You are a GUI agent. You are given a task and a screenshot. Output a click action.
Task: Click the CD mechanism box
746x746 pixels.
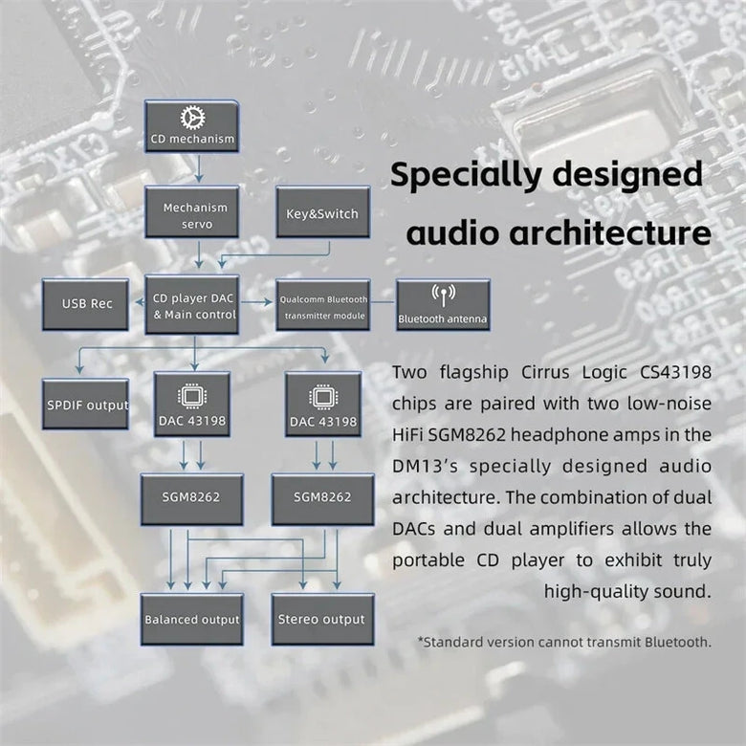pyautogui.click(x=191, y=128)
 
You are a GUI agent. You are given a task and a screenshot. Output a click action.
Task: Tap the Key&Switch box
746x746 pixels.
pyautogui.click(x=322, y=214)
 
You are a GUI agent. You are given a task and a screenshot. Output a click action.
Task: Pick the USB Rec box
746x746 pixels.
pyautogui.click(x=87, y=303)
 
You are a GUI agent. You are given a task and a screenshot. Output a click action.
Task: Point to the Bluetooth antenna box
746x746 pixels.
pyautogui.click(x=443, y=306)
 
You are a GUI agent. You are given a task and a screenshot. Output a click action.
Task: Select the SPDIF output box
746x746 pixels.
pyautogui.click(x=86, y=405)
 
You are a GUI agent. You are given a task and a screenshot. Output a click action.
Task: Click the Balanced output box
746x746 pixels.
pyautogui.click(x=191, y=619)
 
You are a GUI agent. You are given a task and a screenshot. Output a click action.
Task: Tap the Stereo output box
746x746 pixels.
pyautogui.click(x=322, y=619)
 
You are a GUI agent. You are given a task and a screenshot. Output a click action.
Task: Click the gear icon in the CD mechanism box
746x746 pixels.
pyautogui.click(x=192, y=117)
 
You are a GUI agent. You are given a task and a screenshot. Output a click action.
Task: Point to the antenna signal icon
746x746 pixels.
pyautogui.click(x=443, y=294)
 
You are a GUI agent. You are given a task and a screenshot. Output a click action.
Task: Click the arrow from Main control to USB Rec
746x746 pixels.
pyautogui.click(x=137, y=303)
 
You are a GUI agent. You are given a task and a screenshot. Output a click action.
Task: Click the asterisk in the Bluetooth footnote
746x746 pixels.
pyautogui.click(x=421, y=640)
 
